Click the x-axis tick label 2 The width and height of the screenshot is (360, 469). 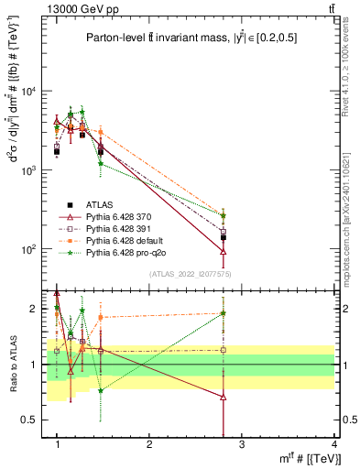149,445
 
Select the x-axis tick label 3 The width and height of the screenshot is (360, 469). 242,445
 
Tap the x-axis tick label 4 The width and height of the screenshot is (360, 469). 333,445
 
